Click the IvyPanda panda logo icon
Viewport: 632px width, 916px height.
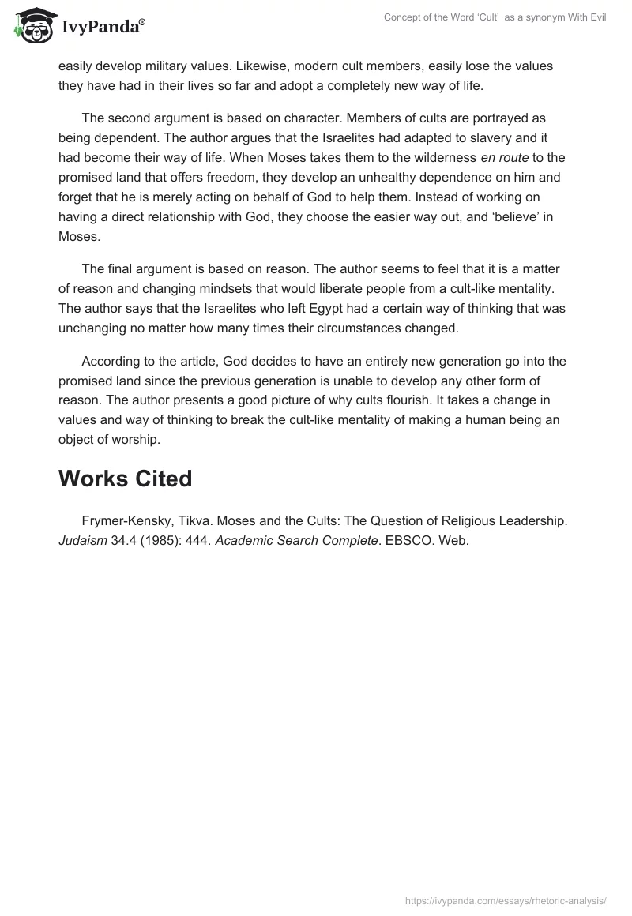pyautogui.click(x=32, y=25)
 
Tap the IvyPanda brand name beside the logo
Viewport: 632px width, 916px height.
pyautogui.click(x=103, y=28)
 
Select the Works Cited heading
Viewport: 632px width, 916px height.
pyautogui.click(x=125, y=479)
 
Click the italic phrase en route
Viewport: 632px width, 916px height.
pyautogui.click(x=505, y=157)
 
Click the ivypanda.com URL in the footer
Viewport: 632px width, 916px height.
pyautogui.click(x=506, y=900)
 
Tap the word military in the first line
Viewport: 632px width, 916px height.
pyautogui.click(x=158, y=65)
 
